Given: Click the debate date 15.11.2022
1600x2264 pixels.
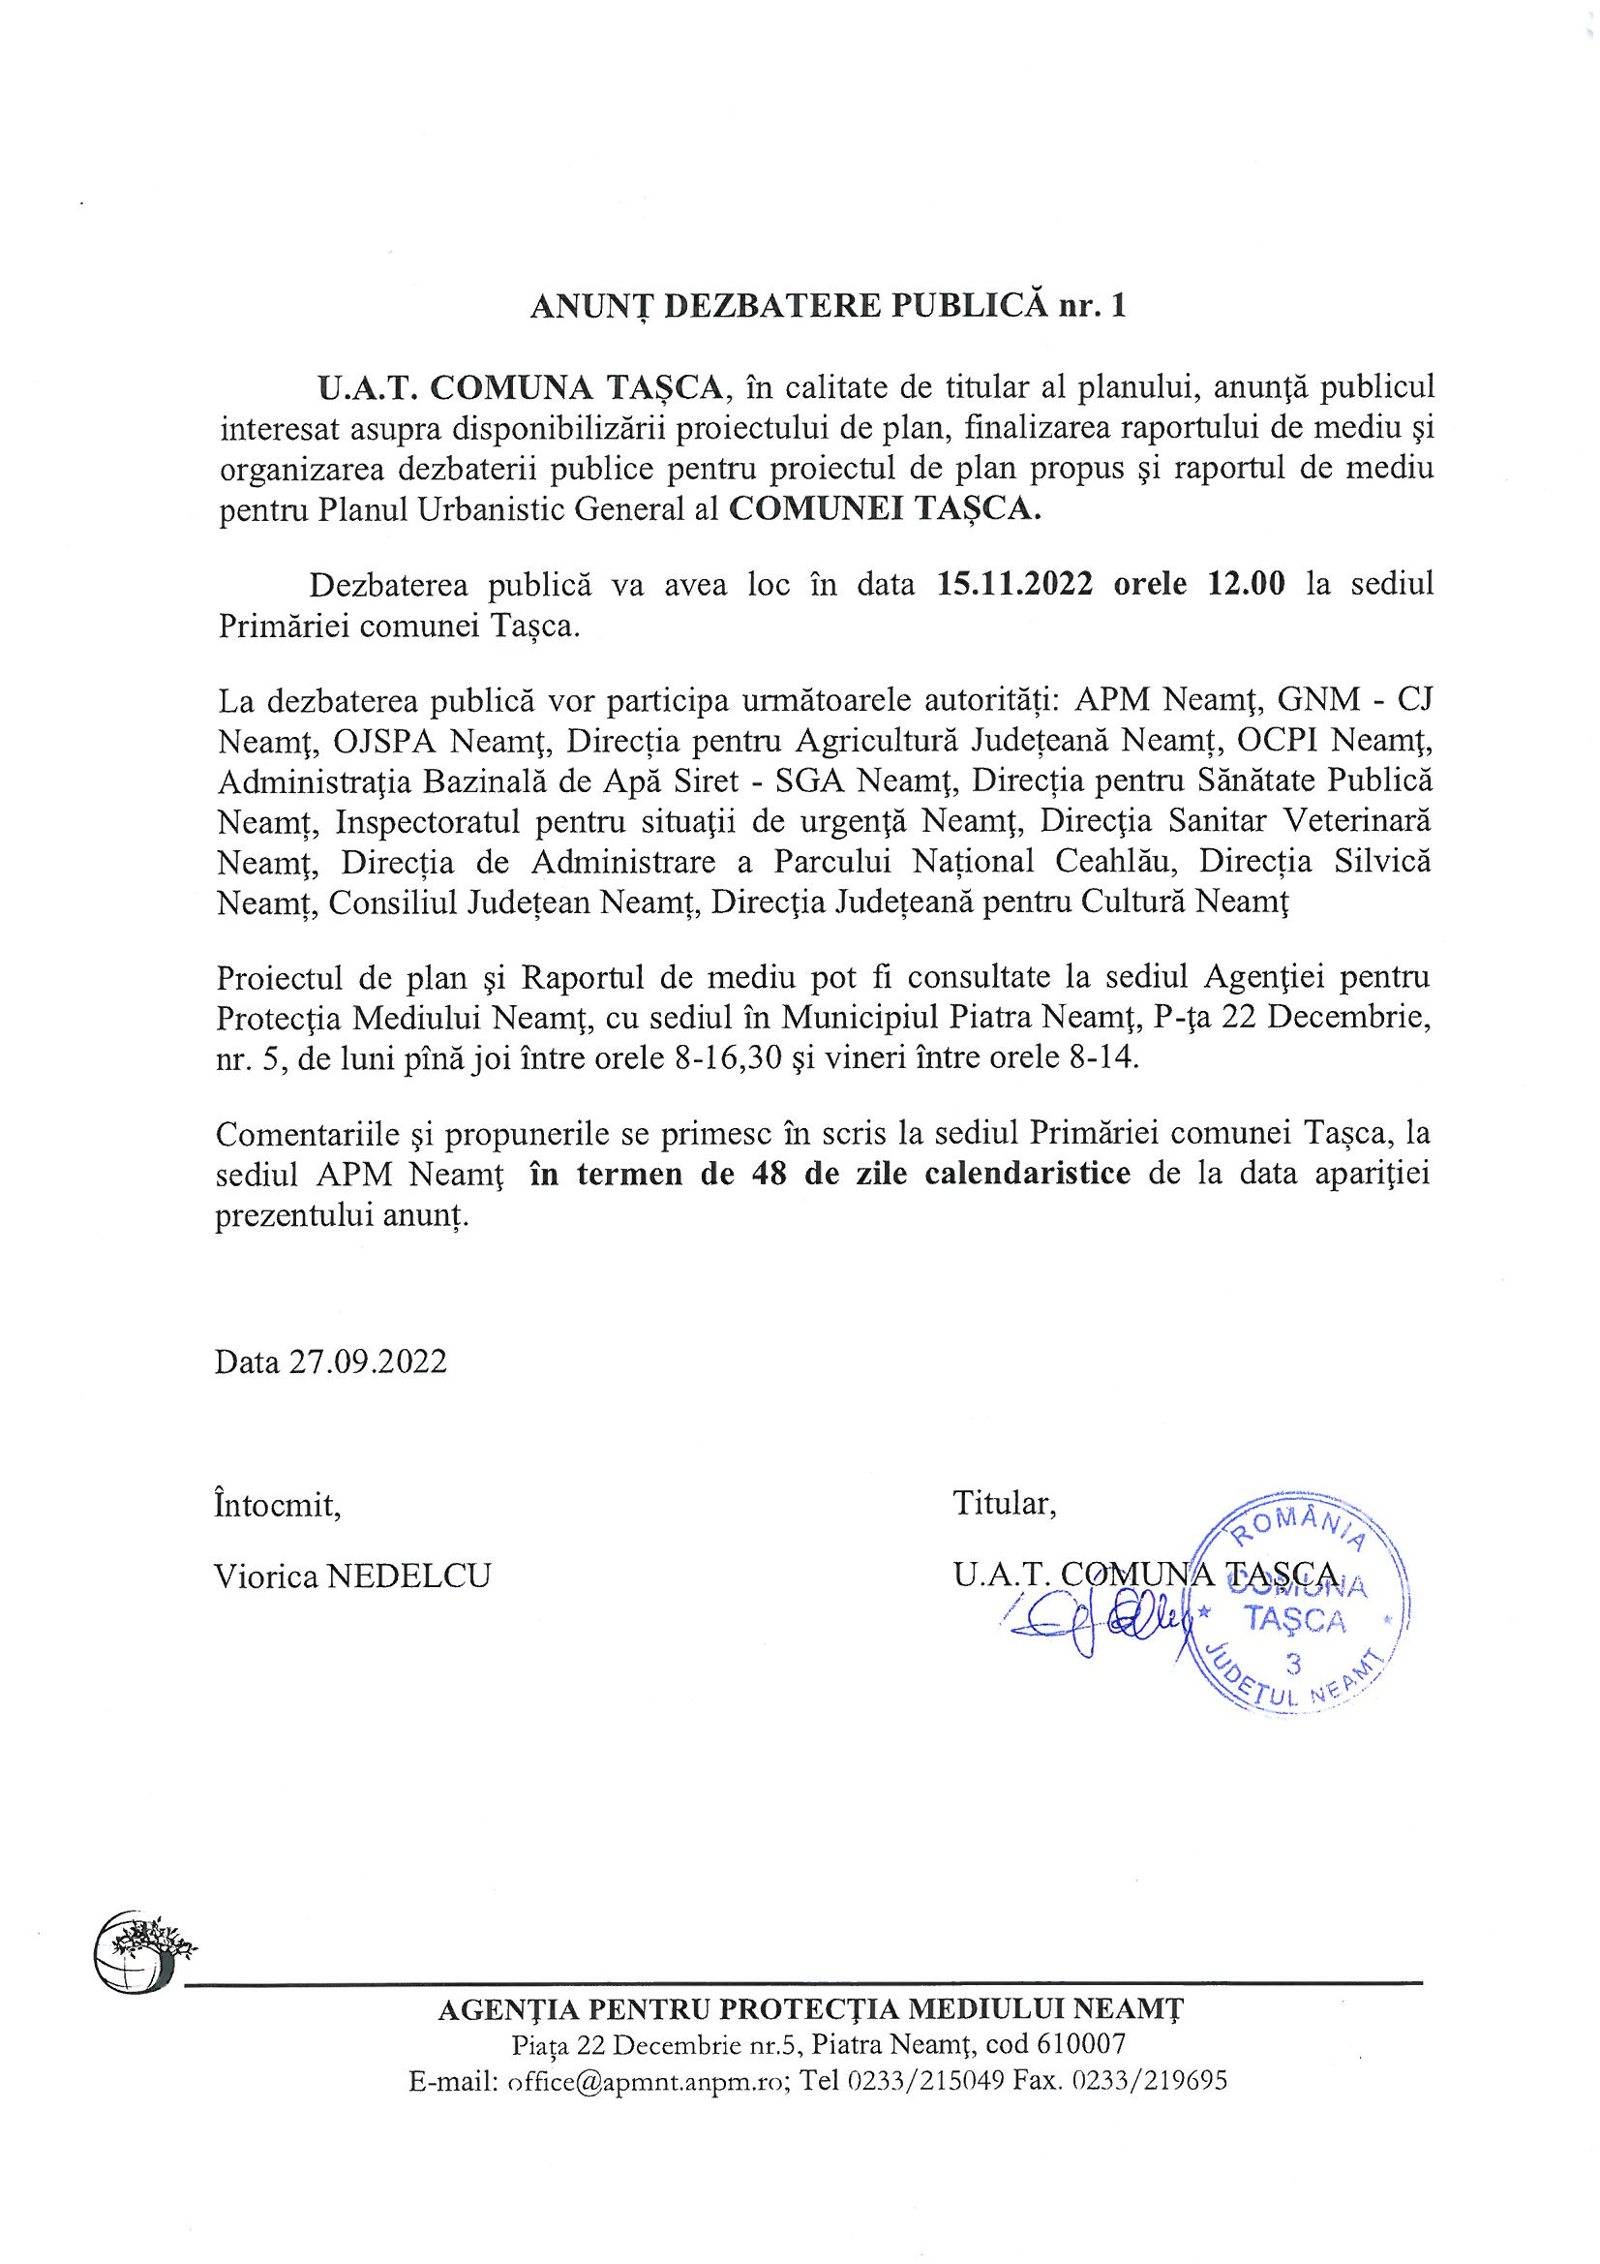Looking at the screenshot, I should click(x=1014, y=584).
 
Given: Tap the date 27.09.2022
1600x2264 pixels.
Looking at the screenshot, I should click(x=368, y=1361).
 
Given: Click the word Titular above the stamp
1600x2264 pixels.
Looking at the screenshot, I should click(x=1004, y=1504).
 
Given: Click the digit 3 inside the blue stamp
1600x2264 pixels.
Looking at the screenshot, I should click(x=1294, y=1663).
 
